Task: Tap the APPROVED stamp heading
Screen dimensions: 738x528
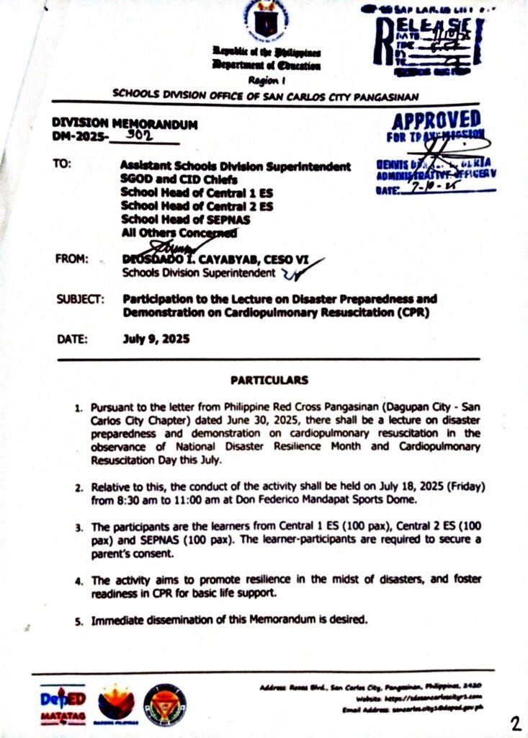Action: click(x=437, y=120)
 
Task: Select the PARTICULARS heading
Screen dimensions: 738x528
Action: click(x=269, y=380)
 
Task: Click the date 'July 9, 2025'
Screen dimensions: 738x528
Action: click(x=156, y=339)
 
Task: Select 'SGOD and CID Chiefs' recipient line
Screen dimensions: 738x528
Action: click(x=179, y=179)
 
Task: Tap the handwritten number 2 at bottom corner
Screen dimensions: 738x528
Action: click(x=516, y=724)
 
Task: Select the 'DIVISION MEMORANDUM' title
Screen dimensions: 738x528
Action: click(x=125, y=123)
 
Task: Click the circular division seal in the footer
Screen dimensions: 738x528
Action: click(x=164, y=705)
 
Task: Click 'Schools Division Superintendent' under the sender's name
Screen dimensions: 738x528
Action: click(x=200, y=273)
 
